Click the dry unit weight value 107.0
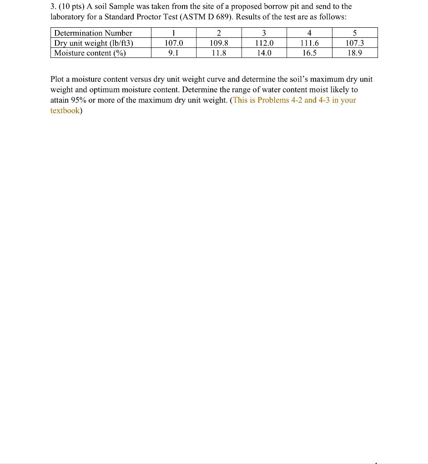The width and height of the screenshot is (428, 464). click(173, 43)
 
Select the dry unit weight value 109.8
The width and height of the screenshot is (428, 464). click(219, 43)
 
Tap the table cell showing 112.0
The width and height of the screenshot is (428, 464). click(264, 43)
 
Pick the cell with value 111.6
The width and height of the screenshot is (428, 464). click(310, 43)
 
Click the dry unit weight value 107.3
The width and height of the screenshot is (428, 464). click(355, 43)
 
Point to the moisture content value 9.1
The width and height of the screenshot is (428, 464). click(173, 53)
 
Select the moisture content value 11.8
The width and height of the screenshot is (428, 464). click(219, 53)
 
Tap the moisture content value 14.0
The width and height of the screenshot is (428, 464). click(264, 53)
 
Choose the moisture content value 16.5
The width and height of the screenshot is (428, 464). click(310, 53)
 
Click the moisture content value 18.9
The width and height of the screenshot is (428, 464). click(355, 53)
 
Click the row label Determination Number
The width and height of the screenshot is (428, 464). click(93, 33)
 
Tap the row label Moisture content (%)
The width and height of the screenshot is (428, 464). click(90, 53)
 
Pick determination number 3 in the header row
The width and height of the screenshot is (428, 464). click(264, 33)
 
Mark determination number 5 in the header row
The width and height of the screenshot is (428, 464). click(355, 33)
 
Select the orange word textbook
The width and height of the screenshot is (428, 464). click(65, 111)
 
